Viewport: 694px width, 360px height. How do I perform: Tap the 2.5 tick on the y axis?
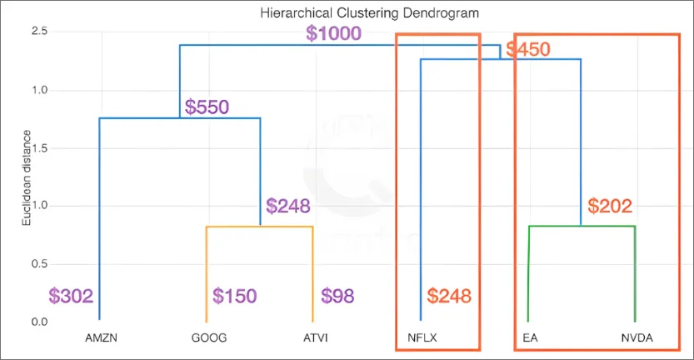[39, 32]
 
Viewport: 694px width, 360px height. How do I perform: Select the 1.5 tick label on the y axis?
[39, 147]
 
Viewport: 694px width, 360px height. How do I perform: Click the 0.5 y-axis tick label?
[39, 263]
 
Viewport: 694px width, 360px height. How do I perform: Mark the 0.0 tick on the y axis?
[39, 322]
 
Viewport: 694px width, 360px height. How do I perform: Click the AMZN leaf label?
[99, 338]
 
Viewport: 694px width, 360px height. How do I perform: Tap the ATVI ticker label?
[313, 338]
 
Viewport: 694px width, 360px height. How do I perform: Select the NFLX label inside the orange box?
[421, 338]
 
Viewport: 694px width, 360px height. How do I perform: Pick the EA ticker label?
[529, 338]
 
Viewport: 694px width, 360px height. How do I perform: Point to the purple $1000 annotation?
[333, 33]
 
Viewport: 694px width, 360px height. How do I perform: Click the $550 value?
[207, 107]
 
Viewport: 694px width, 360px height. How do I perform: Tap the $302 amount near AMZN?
[71, 296]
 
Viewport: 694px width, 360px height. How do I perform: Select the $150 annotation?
[235, 296]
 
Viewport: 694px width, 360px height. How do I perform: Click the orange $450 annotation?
[528, 49]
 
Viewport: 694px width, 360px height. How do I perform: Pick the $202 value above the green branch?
[610, 205]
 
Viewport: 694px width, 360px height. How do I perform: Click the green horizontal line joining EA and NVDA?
[582, 227]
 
